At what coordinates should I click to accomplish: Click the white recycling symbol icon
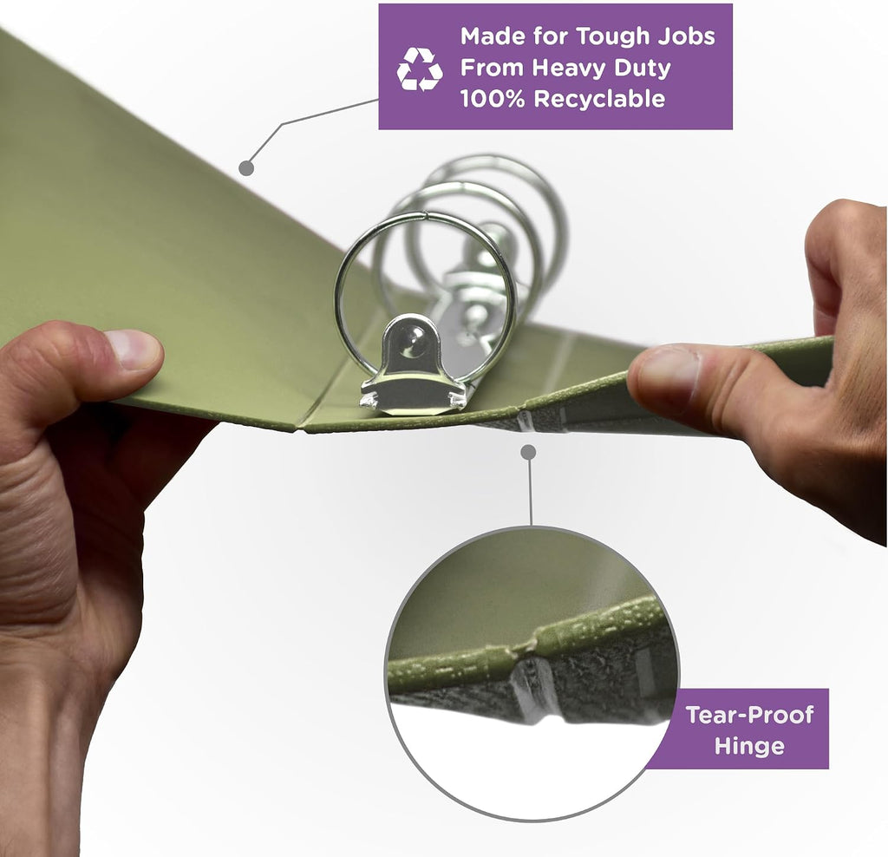[x=419, y=69]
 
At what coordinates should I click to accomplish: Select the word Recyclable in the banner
[x=599, y=99]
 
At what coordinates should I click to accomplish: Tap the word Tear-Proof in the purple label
[x=749, y=715]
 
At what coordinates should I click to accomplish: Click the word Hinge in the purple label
[x=749, y=746]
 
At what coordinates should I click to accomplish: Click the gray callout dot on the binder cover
[x=246, y=167]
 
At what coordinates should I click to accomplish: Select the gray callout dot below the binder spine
[x=528, y=452]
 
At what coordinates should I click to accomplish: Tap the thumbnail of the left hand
[x=134, y=350]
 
